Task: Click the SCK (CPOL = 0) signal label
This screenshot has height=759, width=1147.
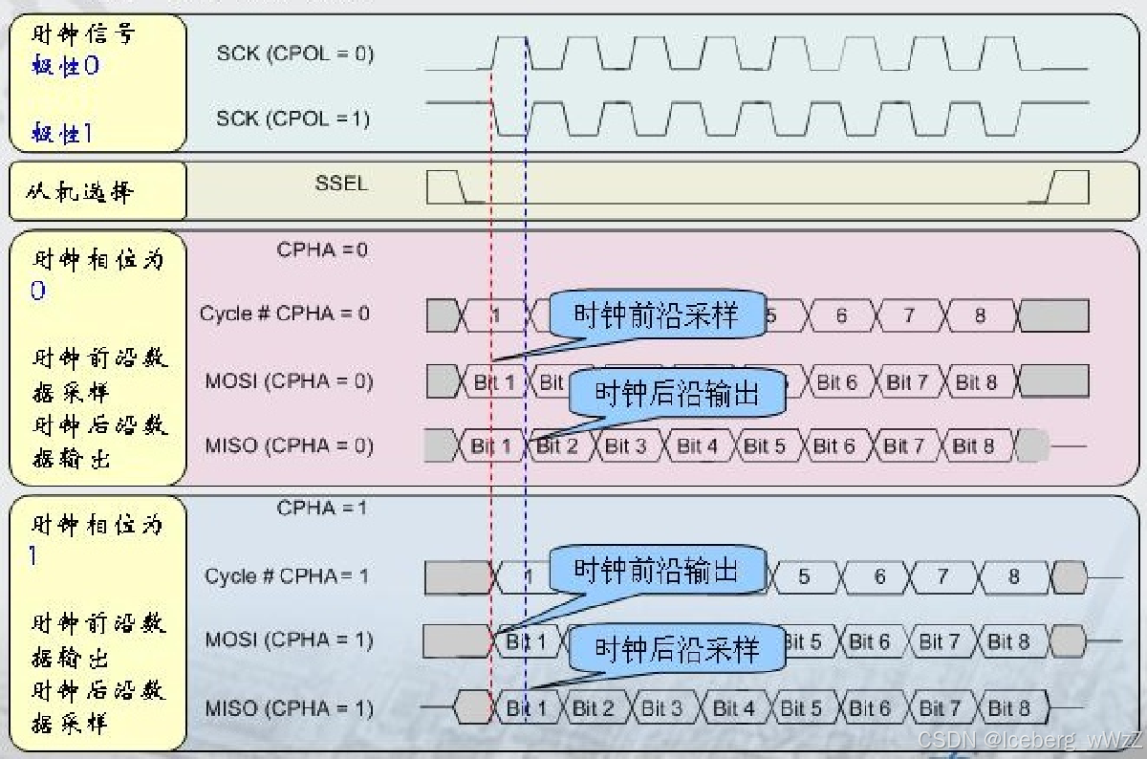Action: point(294,54)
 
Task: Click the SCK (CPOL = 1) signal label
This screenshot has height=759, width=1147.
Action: point(292,119)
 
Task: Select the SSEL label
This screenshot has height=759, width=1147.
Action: point(340,183)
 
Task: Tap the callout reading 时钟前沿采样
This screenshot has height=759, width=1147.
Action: point(656,314)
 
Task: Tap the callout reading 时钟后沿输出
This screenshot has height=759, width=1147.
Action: point(677,393)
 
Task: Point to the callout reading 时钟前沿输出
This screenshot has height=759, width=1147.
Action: point(656,572)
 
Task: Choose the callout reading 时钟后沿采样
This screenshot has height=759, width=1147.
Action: point(677,650)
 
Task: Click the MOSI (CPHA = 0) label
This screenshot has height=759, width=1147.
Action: point(289,381)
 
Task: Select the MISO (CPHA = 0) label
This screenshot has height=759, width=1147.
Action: point(289,445)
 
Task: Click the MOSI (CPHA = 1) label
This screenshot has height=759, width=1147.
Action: point(289,640)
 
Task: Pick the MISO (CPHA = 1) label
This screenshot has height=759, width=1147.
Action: point(289,708)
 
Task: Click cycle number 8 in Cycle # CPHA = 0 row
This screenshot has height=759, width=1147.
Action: point(979,314)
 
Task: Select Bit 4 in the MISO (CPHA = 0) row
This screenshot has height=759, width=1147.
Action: point(697,445)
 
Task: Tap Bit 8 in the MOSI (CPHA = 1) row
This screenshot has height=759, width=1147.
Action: point(1008,640)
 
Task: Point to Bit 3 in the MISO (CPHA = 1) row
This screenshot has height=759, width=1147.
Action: point(661,708)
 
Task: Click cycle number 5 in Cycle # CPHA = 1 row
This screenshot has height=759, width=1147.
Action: point(804,576)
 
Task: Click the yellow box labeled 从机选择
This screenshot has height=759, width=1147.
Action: point(97,191)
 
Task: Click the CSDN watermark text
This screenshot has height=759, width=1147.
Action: point(1028,740)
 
